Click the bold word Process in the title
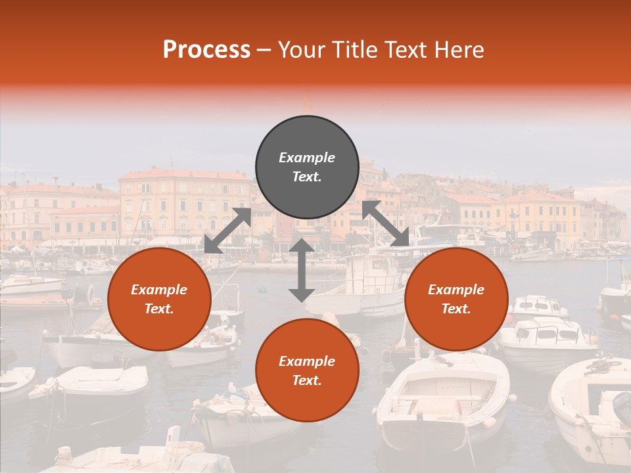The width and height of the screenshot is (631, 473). (206, 50)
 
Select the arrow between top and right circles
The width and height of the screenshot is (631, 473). (386, 223)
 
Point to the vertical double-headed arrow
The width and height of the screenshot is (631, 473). (302, 270)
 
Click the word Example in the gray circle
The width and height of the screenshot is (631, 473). (307, 158)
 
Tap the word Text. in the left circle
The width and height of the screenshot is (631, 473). (159, 309)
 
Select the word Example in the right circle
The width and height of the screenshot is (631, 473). (456, 290)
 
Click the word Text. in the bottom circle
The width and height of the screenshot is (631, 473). (307, 380)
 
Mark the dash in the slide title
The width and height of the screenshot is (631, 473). (264, 50)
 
